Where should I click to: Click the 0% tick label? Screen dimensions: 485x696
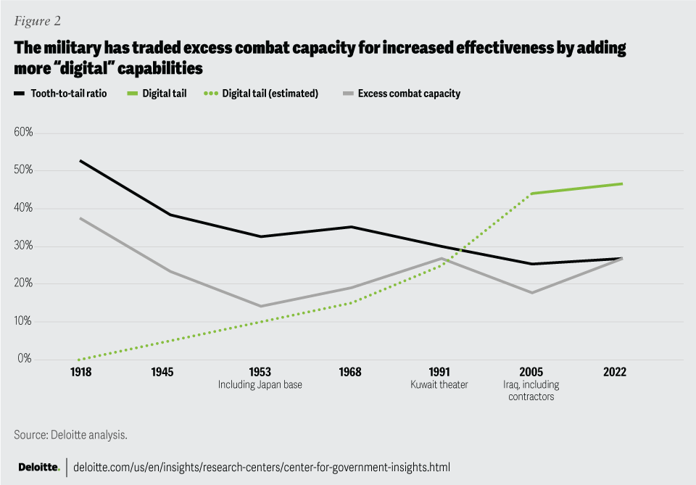tap(26, 360)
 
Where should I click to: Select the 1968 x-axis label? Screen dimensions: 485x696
tap(351, 371)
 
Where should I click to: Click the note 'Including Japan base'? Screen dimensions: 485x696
tap(260, 384)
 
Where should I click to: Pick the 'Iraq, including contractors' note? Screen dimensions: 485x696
tap(531, 391)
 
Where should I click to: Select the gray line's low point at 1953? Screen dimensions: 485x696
tap(260, 306)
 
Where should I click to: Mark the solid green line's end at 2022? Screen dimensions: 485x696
tap(621, 183)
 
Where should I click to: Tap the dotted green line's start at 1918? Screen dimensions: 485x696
tap(80, 360)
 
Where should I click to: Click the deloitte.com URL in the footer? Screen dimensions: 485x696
tap(262, 467)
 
